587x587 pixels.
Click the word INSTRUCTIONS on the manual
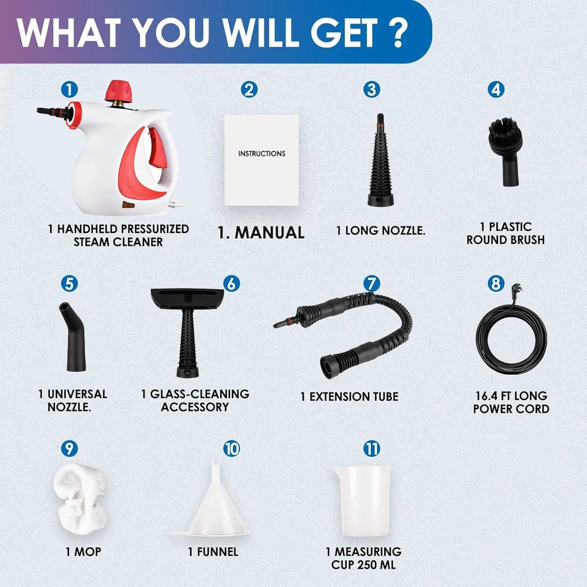click(x=261, y=153)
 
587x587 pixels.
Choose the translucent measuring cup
click(x=360, y=501)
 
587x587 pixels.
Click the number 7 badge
click(x=371, y=283)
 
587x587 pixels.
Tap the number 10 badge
click(x=231, y=448)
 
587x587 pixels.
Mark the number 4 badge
click(x=496, y=89)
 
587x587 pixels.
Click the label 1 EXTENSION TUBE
click(x=349, y=396)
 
